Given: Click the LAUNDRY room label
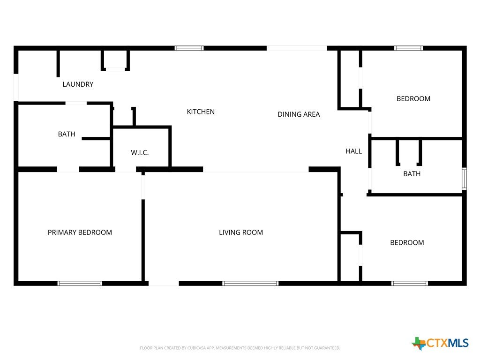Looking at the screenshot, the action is pos(78,84).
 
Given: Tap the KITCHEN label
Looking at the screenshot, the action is pos(201,112).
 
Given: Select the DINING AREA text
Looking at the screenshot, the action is pos(299,114).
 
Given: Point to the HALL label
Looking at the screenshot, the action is pos(353,151).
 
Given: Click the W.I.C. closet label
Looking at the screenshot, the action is pos(140,152).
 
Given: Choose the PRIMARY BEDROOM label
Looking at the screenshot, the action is pos(80,232).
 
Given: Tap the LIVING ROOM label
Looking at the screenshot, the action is pos(240,232).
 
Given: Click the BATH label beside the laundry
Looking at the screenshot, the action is pos(67,134).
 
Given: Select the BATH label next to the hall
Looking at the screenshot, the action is pos(412,174).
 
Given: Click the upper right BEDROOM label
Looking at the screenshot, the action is pos(413,98).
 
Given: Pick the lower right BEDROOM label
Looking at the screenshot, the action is pos(407,242).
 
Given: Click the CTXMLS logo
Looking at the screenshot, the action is pos(440,343).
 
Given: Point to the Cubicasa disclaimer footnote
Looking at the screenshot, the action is pos(240,348).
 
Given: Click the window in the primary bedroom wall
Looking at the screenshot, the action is pos(80,284).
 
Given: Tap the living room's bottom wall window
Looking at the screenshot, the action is pos(250,284).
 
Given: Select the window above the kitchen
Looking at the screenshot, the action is pos(189,48).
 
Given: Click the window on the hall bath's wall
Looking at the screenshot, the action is pos(464,179).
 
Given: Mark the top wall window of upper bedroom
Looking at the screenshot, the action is pos(408,48).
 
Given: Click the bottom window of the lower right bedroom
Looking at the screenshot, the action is pos(409,284).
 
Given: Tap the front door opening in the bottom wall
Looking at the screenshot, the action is pos(164,284).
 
